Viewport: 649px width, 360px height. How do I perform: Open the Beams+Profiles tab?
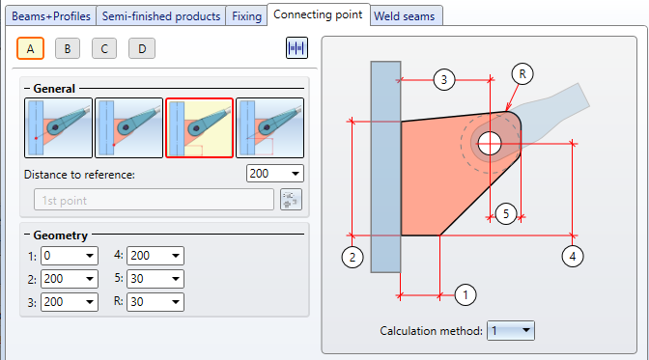(x=51, y=16)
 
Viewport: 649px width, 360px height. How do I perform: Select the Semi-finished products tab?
(x=161, y=16)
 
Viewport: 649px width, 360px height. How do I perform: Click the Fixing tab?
(x=246, y=16)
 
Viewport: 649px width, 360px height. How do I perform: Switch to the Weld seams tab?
(x=405, y=16)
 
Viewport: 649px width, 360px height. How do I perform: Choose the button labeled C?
(x=104, y=49)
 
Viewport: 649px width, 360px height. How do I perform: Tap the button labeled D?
(x=142, y=49)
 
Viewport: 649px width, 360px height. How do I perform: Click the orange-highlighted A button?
(x=30, y=49)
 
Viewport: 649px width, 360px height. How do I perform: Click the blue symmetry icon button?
(x=296, y=48)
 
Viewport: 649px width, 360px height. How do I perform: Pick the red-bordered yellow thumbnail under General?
(x=200, y=127)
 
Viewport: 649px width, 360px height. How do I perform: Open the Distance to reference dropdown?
(x=275, y=174)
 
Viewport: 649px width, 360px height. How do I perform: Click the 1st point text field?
(x=154, y=201)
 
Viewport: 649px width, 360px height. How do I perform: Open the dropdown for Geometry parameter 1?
(x=70, y=256)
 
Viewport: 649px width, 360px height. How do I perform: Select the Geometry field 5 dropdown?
(x=155, y=279)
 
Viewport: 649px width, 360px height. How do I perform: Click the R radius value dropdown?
(x=155, y=302)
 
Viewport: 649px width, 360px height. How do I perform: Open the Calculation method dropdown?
(x=511, y=331)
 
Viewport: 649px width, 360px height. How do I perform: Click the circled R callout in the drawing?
(x=522, y=74)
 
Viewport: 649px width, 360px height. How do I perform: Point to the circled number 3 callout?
(x=444, y=79)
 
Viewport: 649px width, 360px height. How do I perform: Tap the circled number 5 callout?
(x=506, y=214)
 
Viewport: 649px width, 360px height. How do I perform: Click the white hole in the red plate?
(x=490, y=144)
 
